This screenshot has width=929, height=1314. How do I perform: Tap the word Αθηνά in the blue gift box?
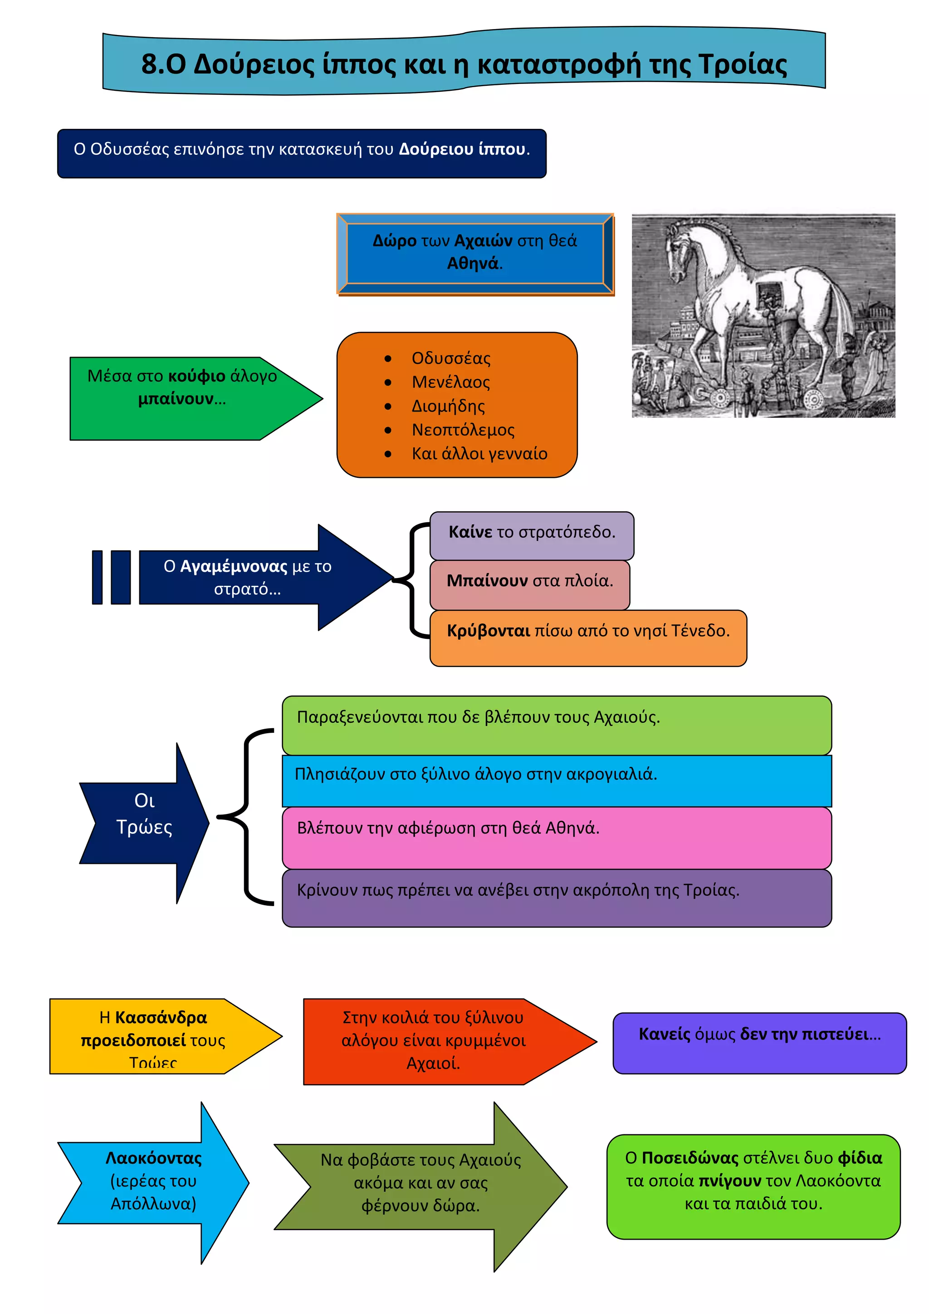pos(473,263)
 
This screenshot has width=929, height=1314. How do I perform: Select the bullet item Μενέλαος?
pos(451,382)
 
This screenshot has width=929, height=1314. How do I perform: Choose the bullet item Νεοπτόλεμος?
pos(463,430)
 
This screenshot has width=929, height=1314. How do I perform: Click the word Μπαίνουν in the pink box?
pos(487,581)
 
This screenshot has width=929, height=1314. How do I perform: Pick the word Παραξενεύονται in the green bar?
pos(360,717)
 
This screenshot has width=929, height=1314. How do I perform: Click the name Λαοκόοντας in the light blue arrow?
pos(154,1158)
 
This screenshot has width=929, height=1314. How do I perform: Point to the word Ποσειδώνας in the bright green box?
pos(690,1158)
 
